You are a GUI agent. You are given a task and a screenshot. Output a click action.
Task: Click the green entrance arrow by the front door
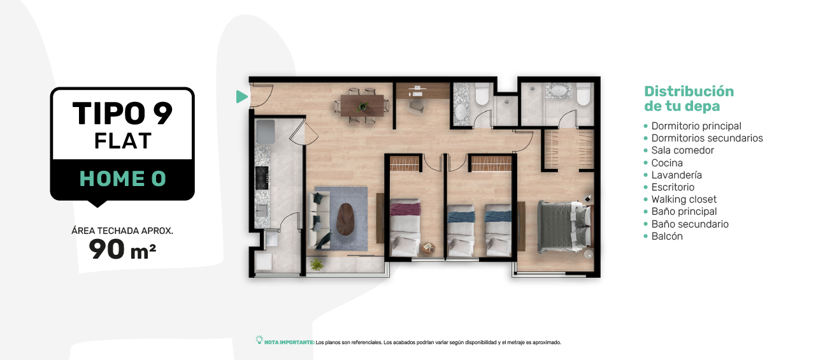pos(241,97)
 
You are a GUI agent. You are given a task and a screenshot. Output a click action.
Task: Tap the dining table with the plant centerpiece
pos(362,105)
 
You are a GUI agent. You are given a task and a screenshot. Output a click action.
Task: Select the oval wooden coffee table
pos(345,219)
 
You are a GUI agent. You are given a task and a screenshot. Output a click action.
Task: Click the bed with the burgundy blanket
pos(405,227)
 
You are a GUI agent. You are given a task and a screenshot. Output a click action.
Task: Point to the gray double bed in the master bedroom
pos(564,226)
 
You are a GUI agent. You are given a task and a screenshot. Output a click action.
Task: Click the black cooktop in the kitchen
pos(262,178)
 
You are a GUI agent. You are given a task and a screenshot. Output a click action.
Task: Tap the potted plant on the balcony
pos(317,264)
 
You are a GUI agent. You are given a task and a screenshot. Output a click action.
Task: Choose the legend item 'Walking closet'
pos(684,199)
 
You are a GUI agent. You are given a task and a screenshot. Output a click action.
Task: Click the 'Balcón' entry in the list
pos(667,236)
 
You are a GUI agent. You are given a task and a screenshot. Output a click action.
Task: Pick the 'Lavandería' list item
pos(676,175)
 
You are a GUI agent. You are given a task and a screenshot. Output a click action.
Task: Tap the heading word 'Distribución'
pos(689,91)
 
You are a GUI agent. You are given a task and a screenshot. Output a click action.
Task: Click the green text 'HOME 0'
pos(123,178)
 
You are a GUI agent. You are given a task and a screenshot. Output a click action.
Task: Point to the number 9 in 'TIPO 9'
pos(162,113)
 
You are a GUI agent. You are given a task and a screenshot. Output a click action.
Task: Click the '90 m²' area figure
pos(122,250)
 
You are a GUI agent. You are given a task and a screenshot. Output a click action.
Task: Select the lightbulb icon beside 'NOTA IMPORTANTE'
pos(259,340)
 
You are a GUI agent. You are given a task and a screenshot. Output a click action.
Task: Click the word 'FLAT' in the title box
pos(123,141)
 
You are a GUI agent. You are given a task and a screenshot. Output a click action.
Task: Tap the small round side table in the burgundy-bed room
pos(429,248)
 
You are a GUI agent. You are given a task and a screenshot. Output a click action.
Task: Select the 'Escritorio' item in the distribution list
pos(673,187)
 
